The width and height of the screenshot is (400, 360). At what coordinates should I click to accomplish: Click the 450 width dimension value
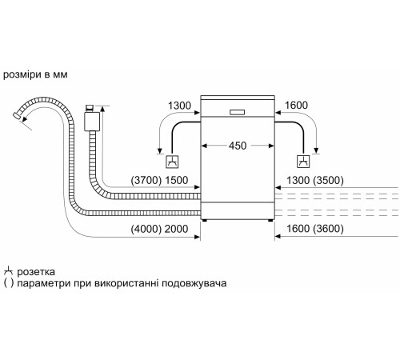tap(238, 146)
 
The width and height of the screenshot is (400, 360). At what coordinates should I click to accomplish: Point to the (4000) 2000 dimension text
tap(161, 230)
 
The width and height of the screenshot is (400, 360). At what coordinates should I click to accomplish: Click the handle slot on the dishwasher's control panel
tap(238, 111)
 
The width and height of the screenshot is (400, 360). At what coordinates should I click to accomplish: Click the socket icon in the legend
tap(9, 271)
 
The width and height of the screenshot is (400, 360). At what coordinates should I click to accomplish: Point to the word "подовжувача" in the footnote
tap(194, 284)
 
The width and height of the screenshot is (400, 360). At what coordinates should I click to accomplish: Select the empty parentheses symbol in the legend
tap(8, 284)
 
